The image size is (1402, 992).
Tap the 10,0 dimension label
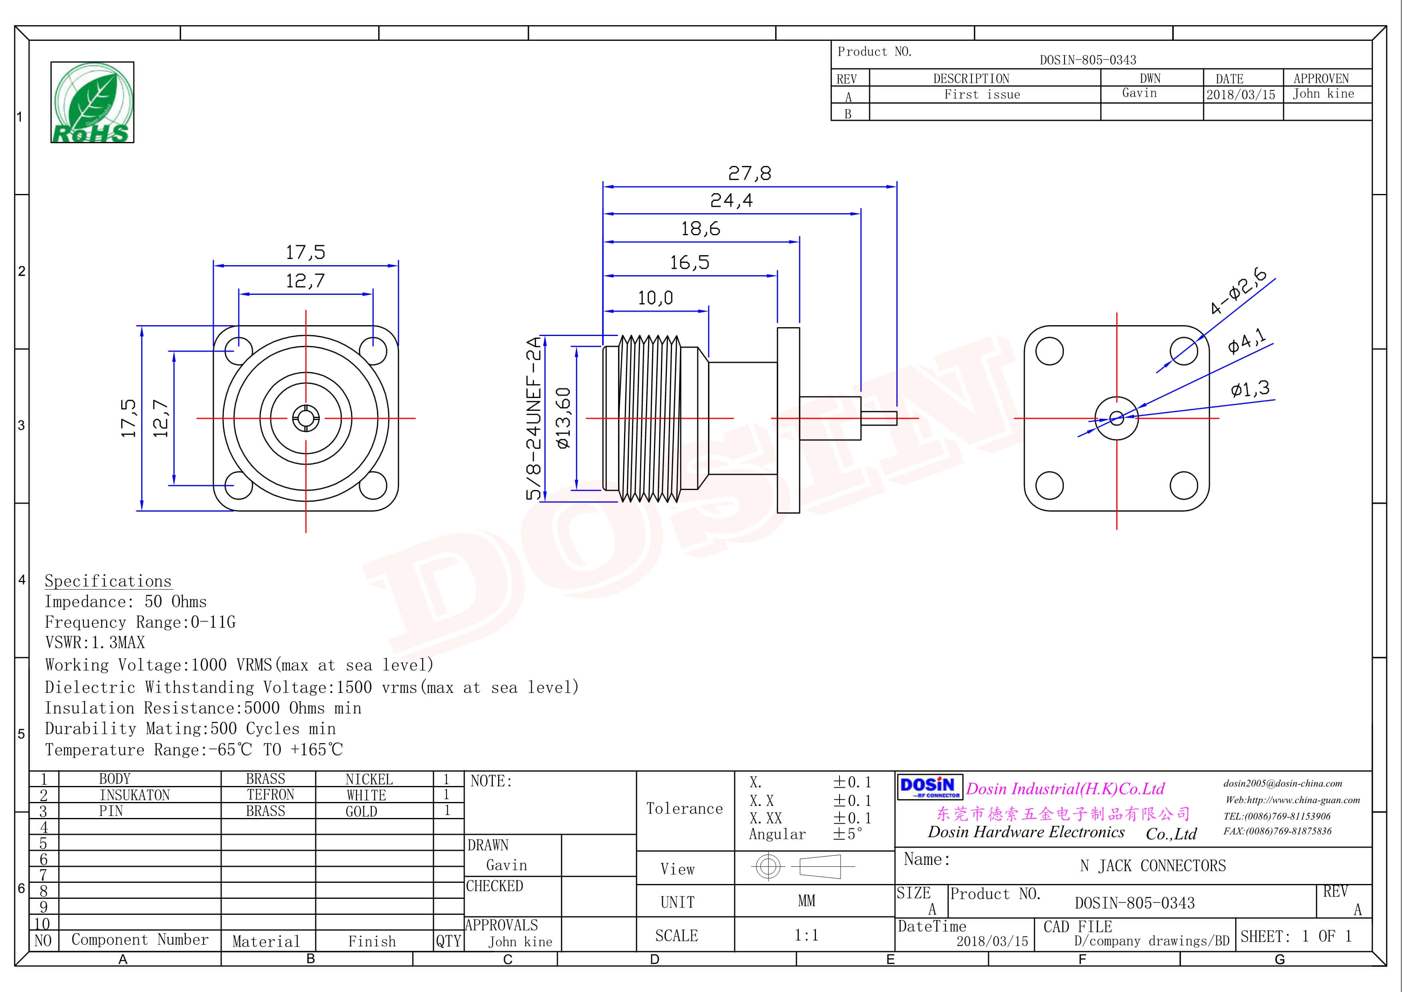tap(655, 298)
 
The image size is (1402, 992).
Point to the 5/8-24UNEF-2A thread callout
tap(534, 418)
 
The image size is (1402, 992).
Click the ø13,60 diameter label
tap(564, 418)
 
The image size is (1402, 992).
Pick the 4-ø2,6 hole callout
tap(1238, 291)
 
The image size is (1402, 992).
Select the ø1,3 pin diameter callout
tap(1250, 388)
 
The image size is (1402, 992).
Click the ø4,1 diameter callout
tap(1247, 341)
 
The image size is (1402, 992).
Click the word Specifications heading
tap(108, 581)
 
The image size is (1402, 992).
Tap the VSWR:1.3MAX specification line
tap(95, 643)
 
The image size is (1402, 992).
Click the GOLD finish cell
tap(361, 811)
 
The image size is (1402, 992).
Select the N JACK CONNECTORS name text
tap(1152, 866)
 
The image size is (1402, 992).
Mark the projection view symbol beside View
tap(804, 866)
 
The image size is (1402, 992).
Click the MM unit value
tap(806, 901)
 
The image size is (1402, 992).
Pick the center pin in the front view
tap(305, 418)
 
